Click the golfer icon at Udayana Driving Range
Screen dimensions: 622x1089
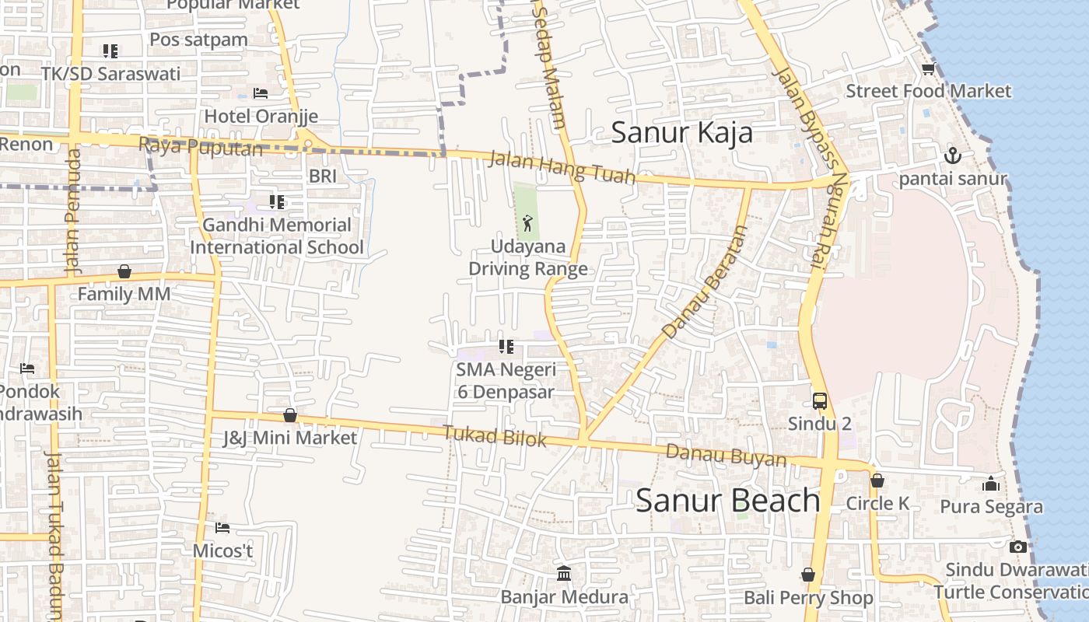pos(528,223)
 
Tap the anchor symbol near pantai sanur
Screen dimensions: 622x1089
pos(953,156)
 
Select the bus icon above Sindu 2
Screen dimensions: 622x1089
pos(820,401)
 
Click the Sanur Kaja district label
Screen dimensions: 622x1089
pos(681,132)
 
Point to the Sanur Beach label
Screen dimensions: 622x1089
pos(728,501)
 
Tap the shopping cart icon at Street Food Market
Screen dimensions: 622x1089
pos(928,69)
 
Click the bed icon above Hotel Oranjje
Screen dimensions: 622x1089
pos(261,93)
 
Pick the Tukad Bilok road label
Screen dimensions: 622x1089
pos(495,436)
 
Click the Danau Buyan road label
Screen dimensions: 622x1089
pos(726,456)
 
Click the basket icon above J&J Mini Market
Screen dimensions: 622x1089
pos(290,415)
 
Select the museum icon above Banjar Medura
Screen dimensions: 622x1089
pos(564,574)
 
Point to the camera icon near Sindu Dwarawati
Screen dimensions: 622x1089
pos(1018,547)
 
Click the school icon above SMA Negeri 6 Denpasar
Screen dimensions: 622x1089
pos(506,347)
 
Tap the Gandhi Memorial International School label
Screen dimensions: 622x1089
pos(276,236)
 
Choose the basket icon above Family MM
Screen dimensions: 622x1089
pos(124,271)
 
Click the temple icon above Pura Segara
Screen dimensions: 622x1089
pos(991,484)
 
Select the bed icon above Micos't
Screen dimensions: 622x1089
pos(222,528)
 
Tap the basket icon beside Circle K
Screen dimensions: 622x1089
pos(877,480)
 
